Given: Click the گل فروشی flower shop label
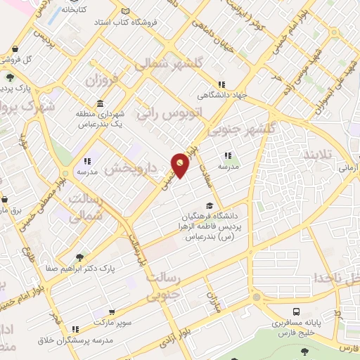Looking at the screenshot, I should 15,59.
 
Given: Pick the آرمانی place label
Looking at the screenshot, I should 348,169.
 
